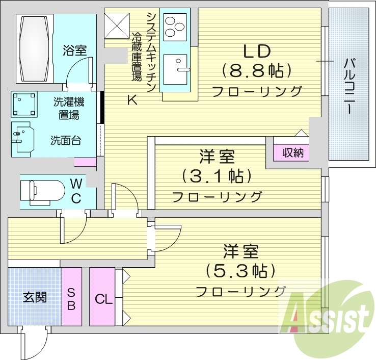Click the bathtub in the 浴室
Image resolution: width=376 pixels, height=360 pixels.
(34, 48)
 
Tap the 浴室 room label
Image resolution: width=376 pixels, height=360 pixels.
(75, 50)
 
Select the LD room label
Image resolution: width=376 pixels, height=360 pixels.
(256, 51)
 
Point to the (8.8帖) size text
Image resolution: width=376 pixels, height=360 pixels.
(256, 70)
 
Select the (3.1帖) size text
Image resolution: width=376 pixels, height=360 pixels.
(218, 176)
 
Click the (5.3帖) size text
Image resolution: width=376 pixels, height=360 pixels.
(240, 270)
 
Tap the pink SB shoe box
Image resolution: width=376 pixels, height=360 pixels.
(71, 299)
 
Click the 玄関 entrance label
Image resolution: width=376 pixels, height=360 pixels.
(35, 297)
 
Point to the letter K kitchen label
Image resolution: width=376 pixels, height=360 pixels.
(131, 100)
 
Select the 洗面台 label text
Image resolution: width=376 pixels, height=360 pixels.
(65, 140)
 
